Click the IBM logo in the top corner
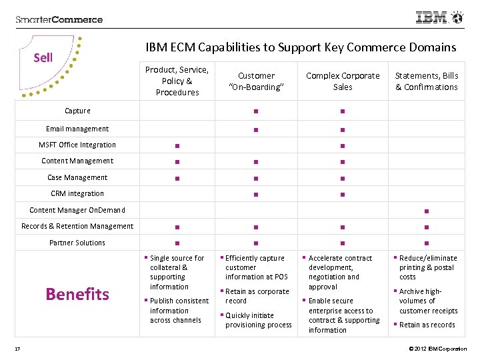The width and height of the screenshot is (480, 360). coord(439,17)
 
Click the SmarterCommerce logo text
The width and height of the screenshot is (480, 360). coord(59,19)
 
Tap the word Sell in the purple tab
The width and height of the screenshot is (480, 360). coord(43,57)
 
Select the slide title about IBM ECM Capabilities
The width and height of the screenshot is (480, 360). coord(301,47)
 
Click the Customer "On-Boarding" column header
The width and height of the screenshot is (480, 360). coord(256,81)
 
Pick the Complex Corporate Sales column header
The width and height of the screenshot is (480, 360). coord(343,81)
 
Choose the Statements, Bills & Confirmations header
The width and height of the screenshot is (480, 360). coord(427,81)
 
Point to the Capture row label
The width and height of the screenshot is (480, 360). coord(77,111)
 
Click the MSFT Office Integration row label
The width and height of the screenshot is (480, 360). coord(77,145)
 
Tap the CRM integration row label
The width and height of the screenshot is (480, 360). coord(77,193)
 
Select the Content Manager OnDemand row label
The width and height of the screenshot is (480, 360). coord(77,210)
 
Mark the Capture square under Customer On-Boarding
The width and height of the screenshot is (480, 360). coord(256,111)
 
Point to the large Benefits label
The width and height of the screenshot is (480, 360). coord(77,294)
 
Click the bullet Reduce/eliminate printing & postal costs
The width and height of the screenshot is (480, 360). coord(428,267)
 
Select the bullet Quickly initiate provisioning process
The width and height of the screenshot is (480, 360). coord(258,320)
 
